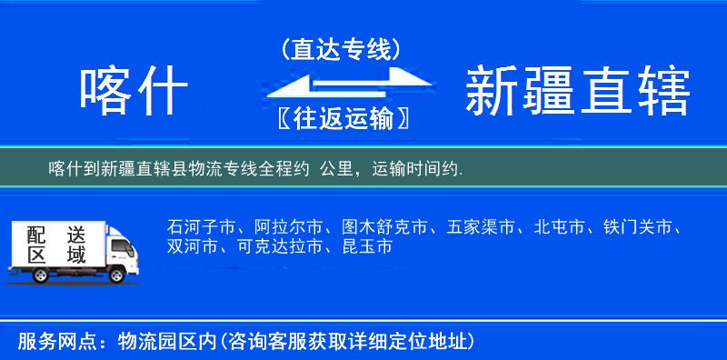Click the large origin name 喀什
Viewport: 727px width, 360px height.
134,91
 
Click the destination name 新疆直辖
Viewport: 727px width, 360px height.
578,91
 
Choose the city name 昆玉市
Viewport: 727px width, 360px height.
367,246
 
